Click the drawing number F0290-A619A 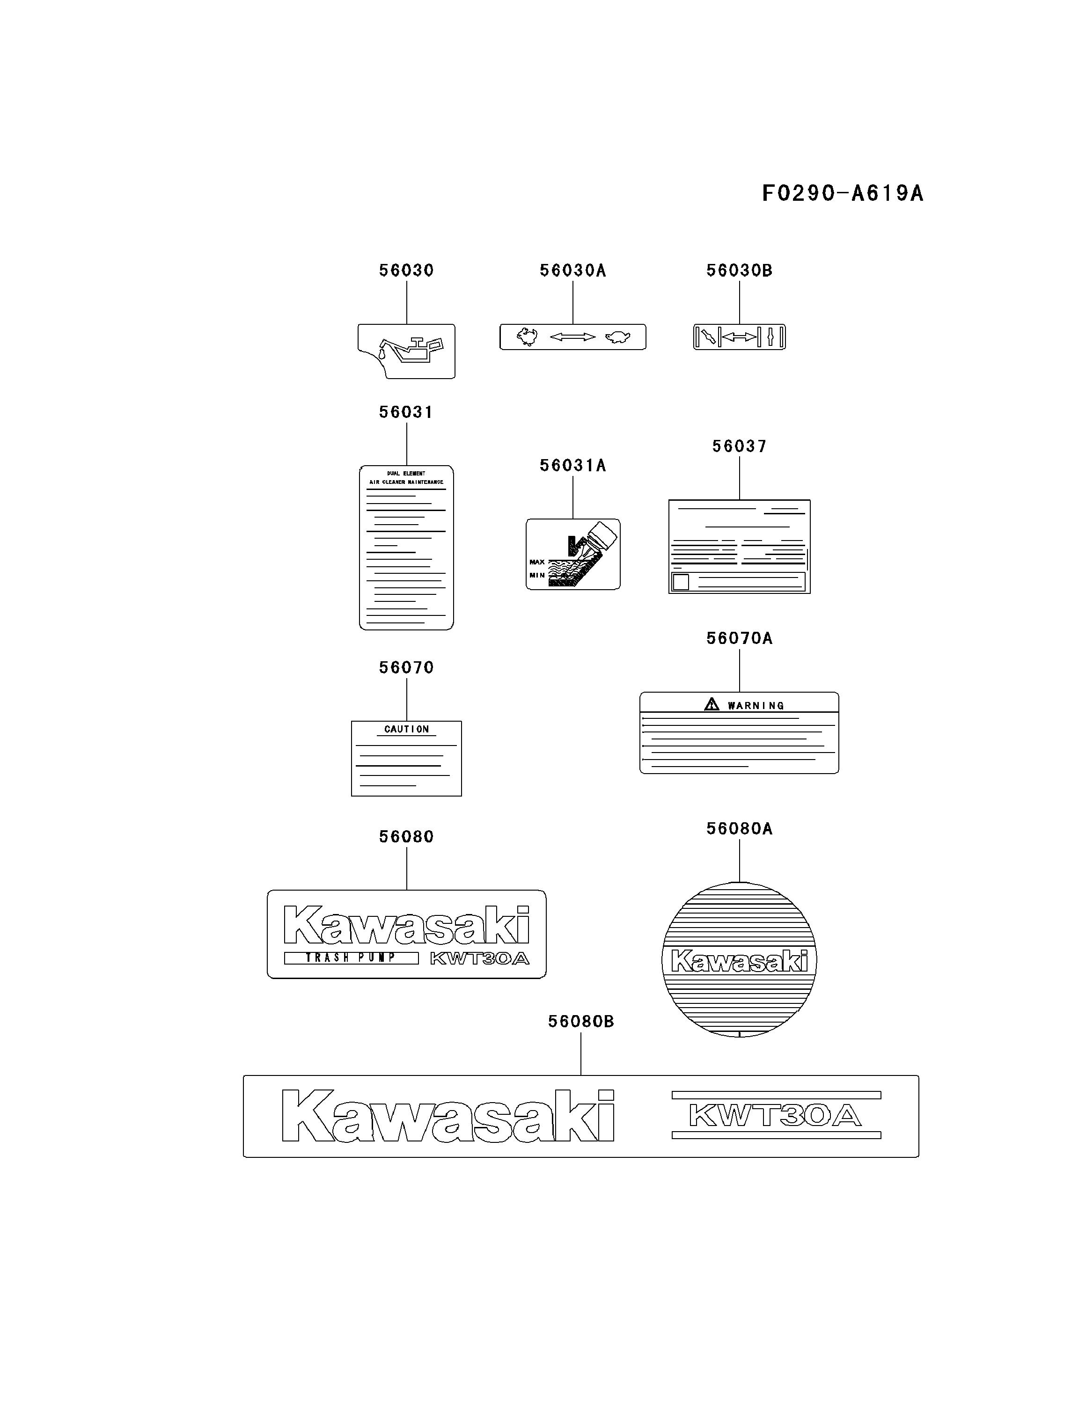(842, 193)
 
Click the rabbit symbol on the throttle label (527, 336)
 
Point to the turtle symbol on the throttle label (617, 337)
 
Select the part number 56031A (572, 466)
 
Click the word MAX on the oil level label (537, 562)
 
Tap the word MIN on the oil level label (537, 575)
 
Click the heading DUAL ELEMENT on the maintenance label (406, 473)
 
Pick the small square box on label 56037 (680, 582)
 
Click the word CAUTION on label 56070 (406, 729)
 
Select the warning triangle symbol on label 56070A (711, 704)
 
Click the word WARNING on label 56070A (756, 706)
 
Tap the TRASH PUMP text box (351, 958)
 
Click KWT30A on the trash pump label (479, 958)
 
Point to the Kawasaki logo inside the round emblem (739, 962)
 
